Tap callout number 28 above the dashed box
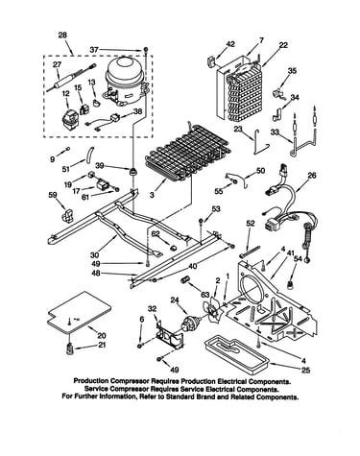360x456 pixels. click(62, 35)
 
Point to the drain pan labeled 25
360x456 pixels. click(238, 351)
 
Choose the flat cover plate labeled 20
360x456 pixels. click(79, 312)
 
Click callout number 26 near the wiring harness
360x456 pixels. click(312, 176)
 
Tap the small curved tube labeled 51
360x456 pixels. click(90, 154)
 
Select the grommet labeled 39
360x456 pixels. click(132, 171)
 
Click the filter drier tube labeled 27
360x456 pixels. click(71, 78)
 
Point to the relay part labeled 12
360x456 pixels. click(69, 120)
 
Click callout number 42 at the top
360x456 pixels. click(230, 43)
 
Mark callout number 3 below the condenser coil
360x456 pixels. click(152, 194)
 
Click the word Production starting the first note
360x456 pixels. click(91, 381)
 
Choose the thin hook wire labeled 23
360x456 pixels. click(260, 142)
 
